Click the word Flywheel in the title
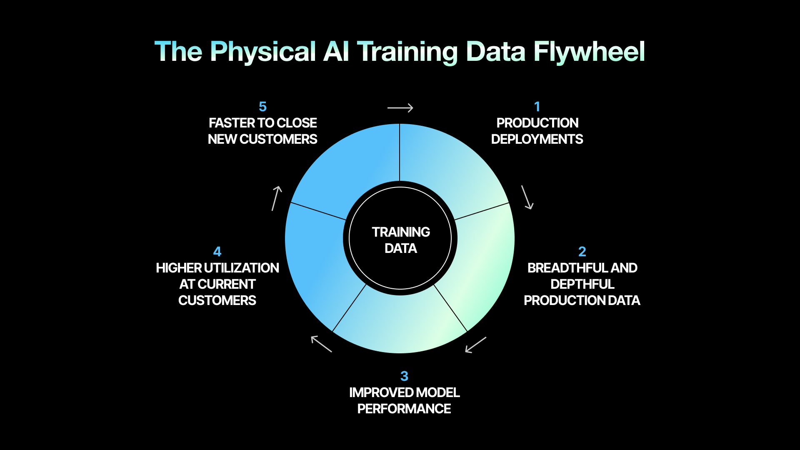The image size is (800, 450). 589,52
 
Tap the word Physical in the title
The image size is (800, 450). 263,52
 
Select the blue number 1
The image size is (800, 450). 537,107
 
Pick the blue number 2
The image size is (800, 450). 582,252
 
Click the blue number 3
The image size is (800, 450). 404,376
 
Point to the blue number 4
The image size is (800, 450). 217,252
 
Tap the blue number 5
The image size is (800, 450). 262,107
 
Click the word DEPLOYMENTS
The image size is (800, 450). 537,139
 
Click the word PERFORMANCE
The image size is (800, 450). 404,409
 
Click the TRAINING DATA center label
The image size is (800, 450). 400,240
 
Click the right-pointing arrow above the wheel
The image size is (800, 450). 400,108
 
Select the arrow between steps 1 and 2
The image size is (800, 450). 527,197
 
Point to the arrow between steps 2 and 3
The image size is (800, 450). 476,345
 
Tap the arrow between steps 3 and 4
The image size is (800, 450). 321,344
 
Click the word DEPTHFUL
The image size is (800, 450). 582,284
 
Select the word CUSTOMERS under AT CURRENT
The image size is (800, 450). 217,300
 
